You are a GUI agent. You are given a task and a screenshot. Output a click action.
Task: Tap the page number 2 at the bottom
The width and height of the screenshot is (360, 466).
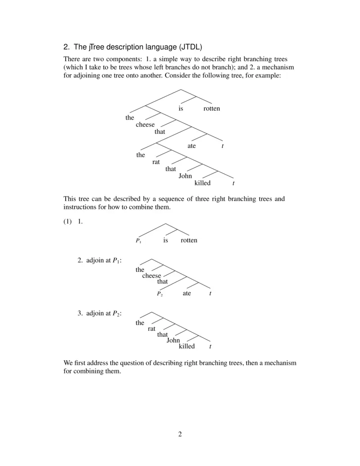pos(180,434)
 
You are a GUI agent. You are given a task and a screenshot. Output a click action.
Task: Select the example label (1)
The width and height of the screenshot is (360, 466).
pos(68,222)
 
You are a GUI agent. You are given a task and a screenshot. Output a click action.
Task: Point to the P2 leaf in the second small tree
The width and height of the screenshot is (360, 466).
pos(160,294)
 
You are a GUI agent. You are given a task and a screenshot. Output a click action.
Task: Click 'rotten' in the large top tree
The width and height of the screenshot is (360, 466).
pos(211,109)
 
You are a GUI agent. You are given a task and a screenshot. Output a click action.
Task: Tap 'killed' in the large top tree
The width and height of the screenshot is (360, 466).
pos(202,183)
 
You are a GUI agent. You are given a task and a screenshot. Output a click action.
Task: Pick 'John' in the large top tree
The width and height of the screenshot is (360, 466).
pos(185,176)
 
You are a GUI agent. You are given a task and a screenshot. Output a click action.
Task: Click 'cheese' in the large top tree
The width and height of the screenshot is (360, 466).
pos(145,125)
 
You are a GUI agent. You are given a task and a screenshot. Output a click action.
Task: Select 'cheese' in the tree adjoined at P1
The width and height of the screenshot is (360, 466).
pos(152,276)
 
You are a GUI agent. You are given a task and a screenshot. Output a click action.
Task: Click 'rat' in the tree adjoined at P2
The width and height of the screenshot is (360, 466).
pos(152,329)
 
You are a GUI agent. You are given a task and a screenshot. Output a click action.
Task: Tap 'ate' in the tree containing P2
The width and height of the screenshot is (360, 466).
pos(187,294)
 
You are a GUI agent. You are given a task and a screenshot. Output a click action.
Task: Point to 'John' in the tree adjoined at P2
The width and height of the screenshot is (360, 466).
pos(173,340)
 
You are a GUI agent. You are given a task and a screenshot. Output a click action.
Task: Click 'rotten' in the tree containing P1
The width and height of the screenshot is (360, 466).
pos(189,240)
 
